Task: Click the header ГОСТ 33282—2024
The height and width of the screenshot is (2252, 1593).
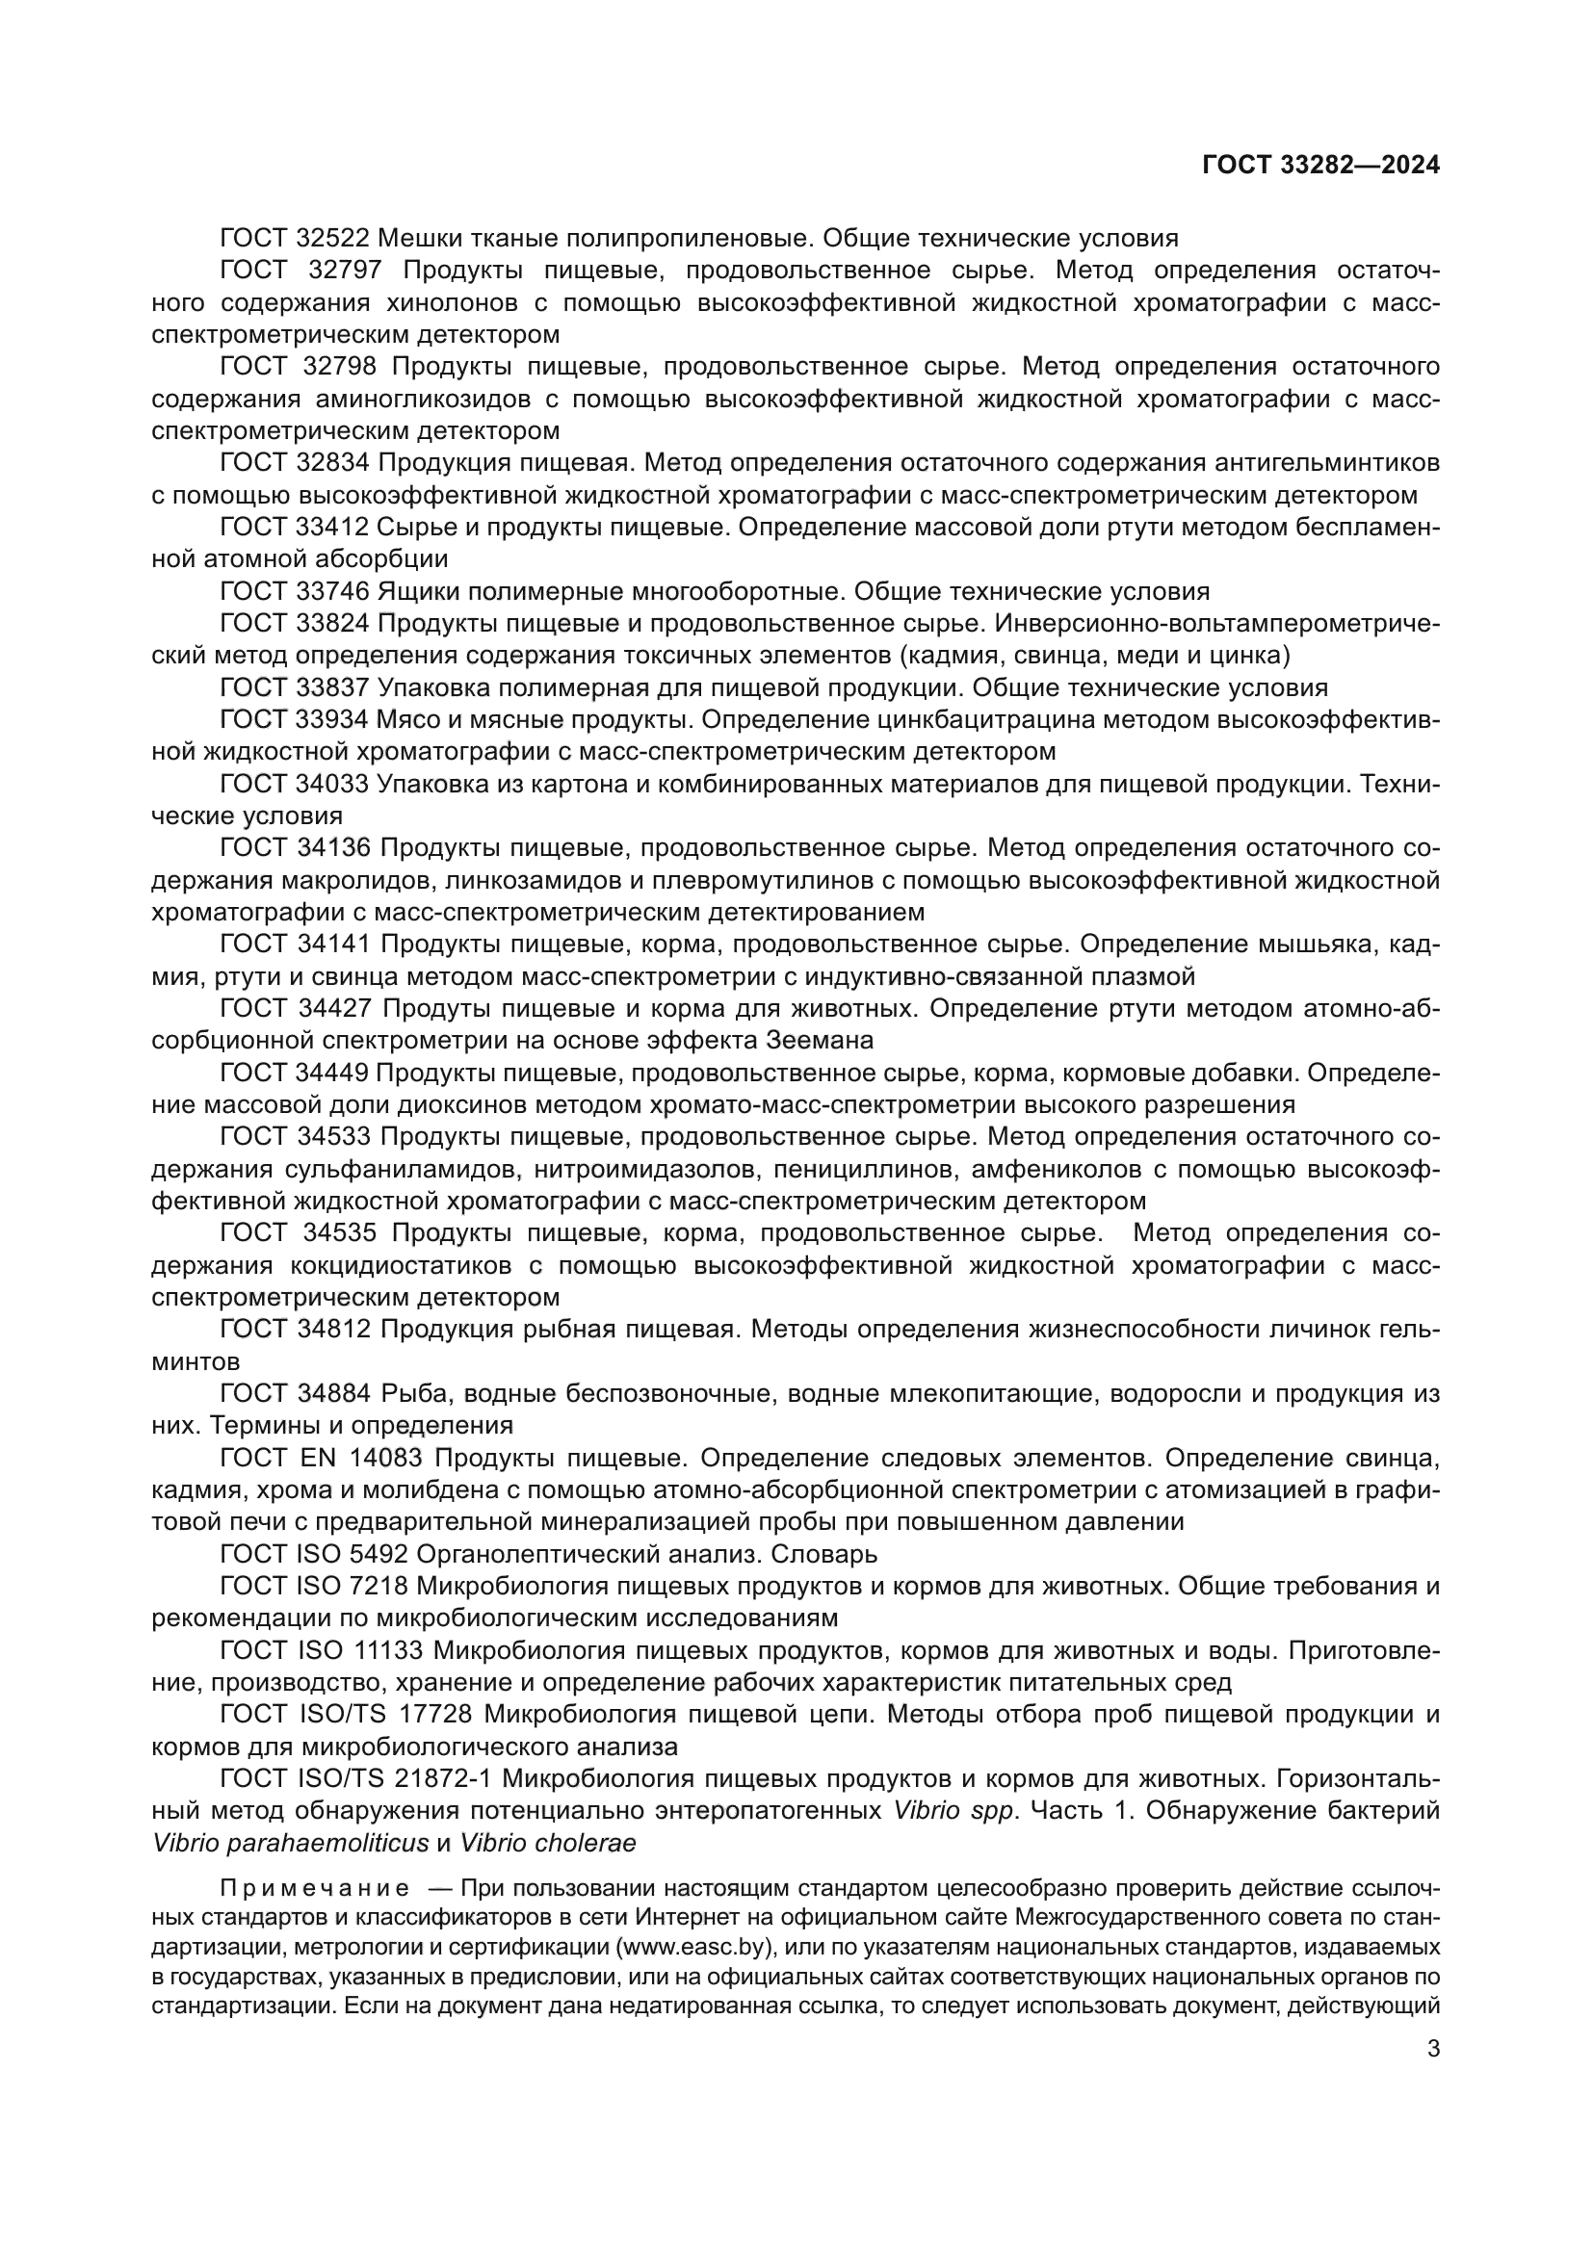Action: click(1320, 166)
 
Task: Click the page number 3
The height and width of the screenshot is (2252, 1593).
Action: click(1433, 2049)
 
